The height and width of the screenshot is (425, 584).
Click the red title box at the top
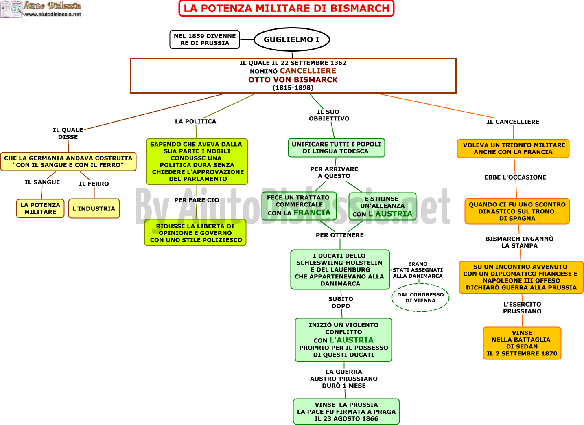286,8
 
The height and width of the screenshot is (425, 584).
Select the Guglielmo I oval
292,39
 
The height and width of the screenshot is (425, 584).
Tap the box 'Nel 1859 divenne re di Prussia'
205,39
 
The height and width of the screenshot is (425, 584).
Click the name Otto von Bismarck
293,79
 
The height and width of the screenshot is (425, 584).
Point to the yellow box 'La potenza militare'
40,208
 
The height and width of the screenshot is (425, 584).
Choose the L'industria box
94,208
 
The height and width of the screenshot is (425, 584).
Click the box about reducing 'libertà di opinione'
195,232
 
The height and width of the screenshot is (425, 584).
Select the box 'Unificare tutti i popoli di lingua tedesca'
336,148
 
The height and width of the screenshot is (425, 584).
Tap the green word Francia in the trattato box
312,212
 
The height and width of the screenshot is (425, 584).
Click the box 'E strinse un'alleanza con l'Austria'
383,206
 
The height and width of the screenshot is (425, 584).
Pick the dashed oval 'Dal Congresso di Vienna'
420,298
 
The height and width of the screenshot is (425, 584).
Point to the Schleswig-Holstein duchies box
340,269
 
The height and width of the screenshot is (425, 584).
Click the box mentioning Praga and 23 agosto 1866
346,412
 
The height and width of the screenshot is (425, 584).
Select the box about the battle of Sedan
522,343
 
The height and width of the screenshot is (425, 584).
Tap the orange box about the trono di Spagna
517,211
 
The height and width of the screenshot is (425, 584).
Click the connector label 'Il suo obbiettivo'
329,115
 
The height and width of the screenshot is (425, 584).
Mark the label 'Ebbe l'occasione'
516,177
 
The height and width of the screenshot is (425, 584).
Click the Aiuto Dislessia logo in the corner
41,9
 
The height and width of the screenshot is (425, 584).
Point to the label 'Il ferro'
94,184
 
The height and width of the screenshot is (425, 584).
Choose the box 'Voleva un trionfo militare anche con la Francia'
513,149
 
